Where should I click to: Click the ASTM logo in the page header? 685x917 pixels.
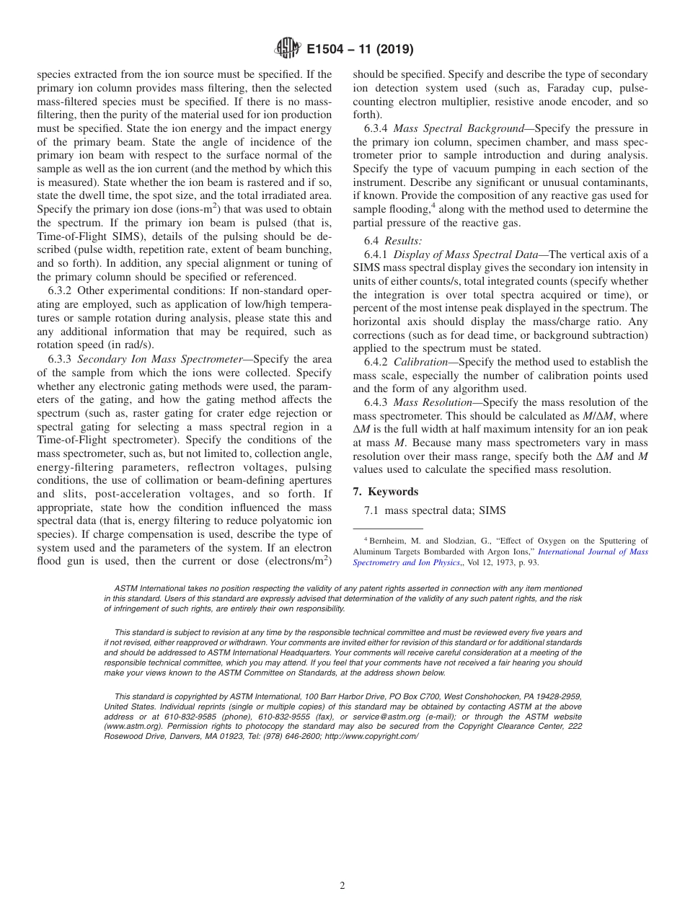pos(287,50)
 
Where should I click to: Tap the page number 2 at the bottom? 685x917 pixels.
pos(342,886)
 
